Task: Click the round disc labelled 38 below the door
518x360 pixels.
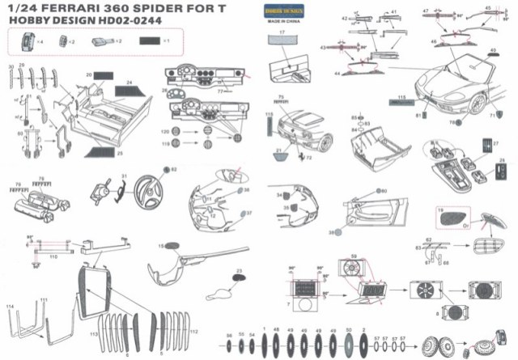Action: [333, 232]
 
